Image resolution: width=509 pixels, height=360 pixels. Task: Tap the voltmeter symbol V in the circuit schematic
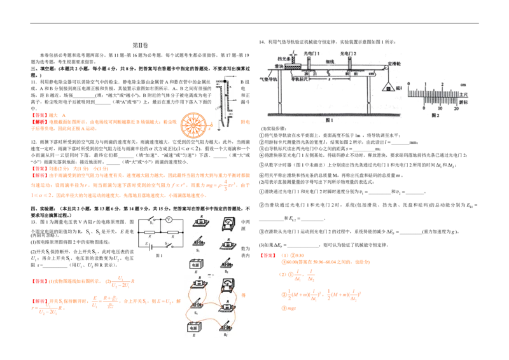169,221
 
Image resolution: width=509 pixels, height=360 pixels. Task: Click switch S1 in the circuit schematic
150,221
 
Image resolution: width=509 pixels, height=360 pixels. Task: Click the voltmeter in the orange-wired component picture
227,285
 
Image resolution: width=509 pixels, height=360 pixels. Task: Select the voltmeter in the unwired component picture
227,224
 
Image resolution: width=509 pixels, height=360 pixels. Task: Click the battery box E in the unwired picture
196,263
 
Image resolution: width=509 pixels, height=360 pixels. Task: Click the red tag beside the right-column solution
267,255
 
